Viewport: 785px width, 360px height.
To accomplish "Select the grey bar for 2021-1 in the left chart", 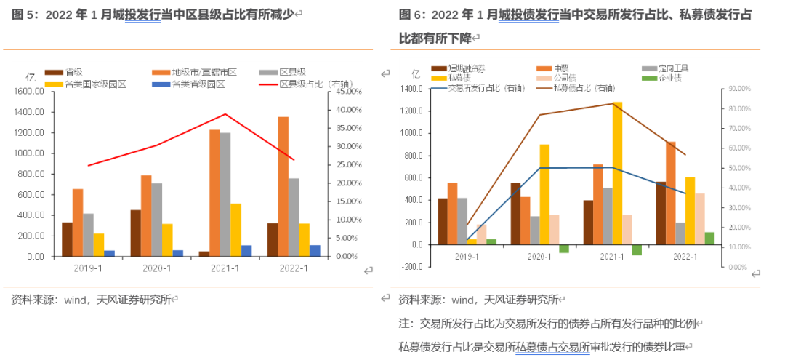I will tap(225, 195).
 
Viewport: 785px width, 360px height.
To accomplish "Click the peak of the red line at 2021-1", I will tap(225, 114).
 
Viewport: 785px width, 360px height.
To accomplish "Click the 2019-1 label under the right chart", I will tap(467, 257).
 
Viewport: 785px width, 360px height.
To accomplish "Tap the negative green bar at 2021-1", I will tap(637, 249).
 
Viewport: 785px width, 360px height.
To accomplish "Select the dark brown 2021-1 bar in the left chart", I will tap(204, 254).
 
